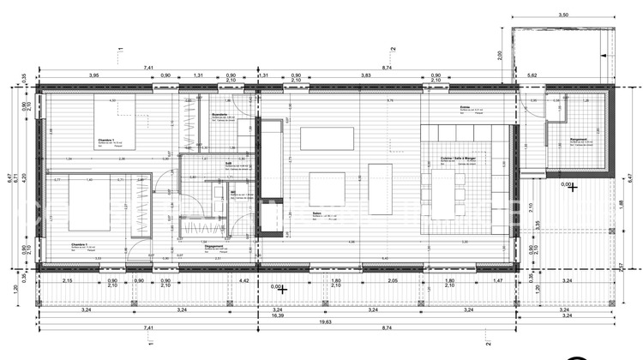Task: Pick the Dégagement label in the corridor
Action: click(x=215, y=246)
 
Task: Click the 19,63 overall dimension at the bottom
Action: click(x=323, y=323)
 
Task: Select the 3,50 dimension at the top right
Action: click(x=562, y=15)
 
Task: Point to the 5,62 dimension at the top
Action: click(x=532, y=75)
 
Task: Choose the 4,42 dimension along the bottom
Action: click(x=243, y=281)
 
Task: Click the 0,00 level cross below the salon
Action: click(x=280, y=289)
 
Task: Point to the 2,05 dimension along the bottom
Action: click(x=392, y=281)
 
